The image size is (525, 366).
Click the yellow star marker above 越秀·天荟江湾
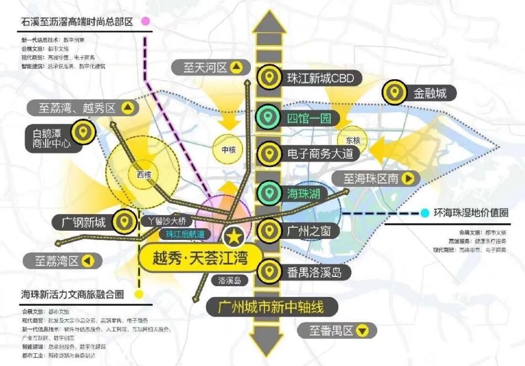[234, 237]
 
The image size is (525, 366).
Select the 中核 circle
[228, 150]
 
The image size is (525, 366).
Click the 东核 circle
[353, 140]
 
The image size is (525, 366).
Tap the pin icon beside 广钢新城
[124, 221]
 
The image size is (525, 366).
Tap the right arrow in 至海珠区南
[409, 179]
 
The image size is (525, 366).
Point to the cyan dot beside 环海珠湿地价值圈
[424, 213]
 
